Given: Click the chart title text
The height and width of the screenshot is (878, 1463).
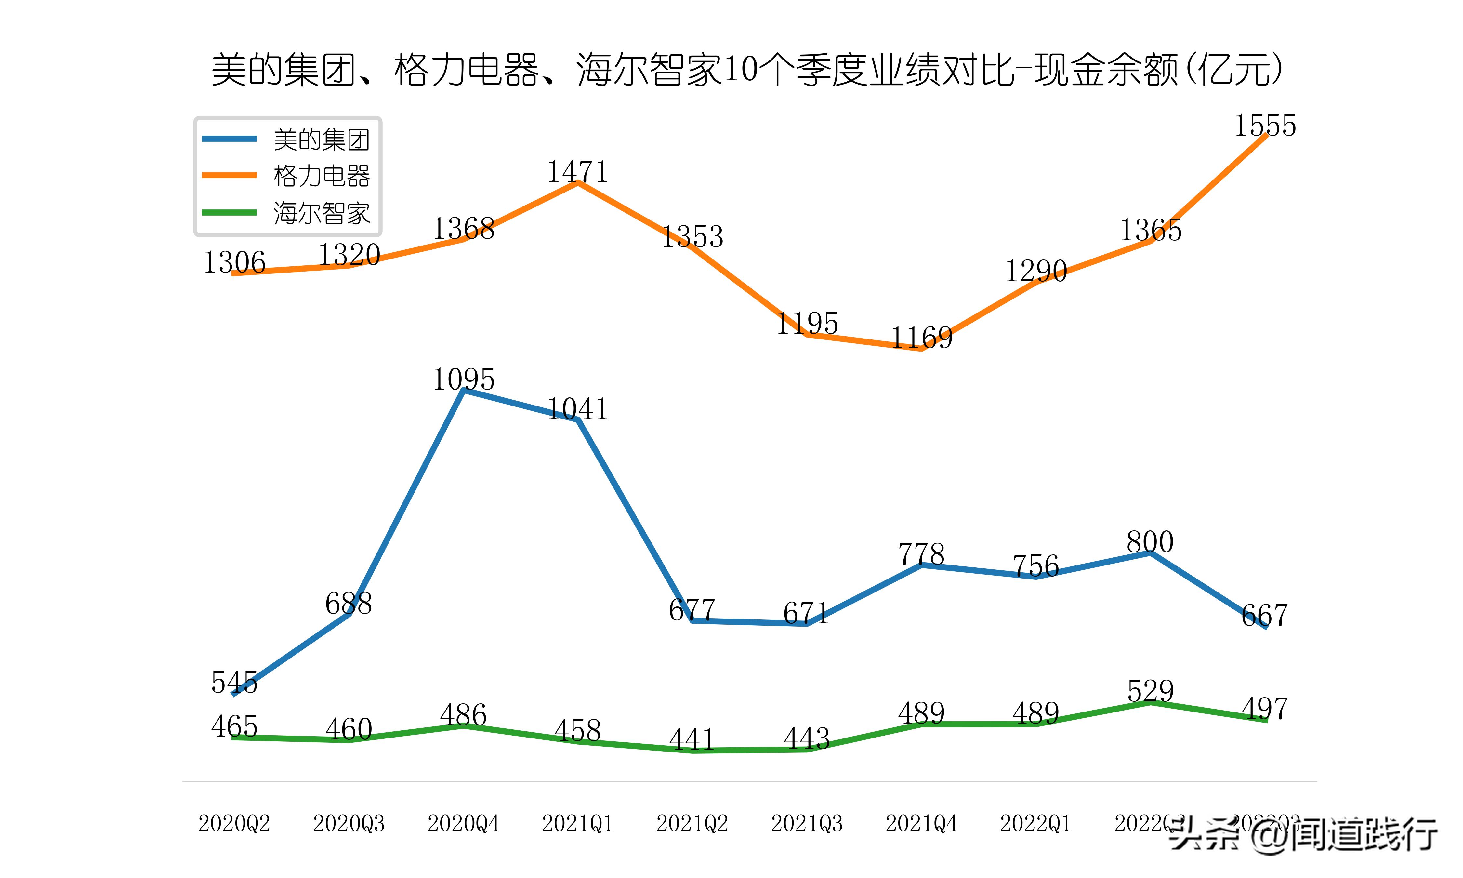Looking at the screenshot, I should (746, 70).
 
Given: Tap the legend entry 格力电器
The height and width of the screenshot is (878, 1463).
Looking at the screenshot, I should (321, 176).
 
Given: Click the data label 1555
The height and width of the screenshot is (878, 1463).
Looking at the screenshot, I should (1265, 126).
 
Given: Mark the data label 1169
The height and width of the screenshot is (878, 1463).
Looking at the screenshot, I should (921, 338).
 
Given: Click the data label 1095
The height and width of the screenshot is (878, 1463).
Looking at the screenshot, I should (464, 379).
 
